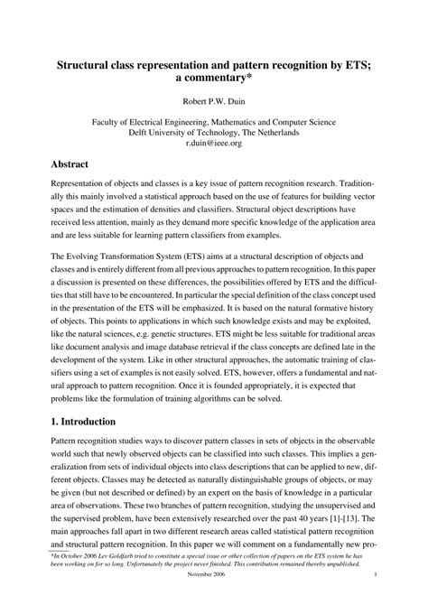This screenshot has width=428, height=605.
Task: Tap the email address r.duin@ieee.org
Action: pyautogui.click(x=213, y=142)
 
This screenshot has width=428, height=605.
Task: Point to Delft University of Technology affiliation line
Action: pyautogui.click(x=213, y=130)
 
